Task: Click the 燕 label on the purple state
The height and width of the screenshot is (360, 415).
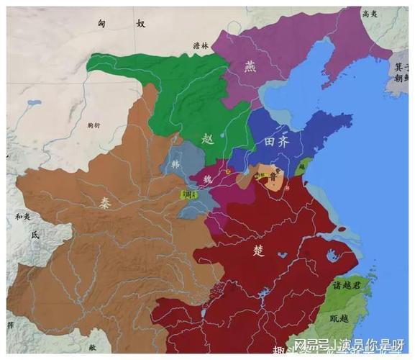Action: (x=250, y=66)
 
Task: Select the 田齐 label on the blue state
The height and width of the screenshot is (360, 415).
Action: (x=281, y=140)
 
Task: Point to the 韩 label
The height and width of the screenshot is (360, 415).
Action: (x=175, y=164)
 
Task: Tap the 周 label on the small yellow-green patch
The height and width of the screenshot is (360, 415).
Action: (x=188, y=194)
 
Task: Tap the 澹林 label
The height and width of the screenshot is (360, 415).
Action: (x=201, y=45)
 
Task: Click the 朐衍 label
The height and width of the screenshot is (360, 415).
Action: (x=93, y=125)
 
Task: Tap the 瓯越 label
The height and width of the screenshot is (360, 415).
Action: (x=339, y=318)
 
